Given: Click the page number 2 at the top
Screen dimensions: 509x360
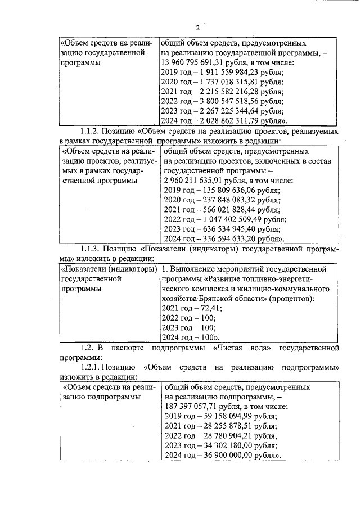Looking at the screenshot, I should pos(197,28).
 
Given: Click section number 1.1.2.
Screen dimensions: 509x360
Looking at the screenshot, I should pos(93,131).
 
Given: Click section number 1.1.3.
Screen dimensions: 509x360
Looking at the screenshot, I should pos(93,249).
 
